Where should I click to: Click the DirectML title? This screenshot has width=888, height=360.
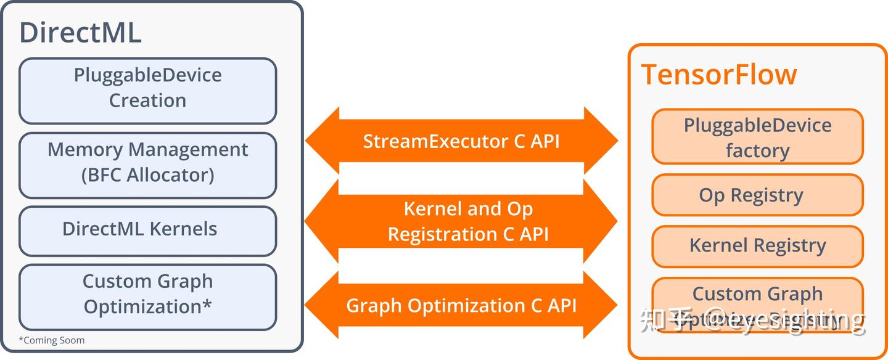(81, 33)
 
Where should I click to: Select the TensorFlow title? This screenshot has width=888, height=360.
(719, 75)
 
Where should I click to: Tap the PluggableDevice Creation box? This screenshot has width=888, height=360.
(147, 91)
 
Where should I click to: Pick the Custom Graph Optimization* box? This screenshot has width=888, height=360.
(147, 297)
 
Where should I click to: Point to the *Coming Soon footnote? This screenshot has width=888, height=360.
(51, 340)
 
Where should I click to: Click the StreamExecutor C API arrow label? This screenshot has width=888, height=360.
(461, 141)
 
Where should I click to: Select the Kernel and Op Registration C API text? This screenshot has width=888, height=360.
(467, 221)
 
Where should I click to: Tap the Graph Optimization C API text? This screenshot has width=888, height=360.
(461, 305)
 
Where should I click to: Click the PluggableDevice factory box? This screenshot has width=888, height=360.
(757, 137)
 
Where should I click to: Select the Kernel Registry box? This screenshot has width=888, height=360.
(757, 246)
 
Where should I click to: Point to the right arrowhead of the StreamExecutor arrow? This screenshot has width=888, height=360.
(601, 141)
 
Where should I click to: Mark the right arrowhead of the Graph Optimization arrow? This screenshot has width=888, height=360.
(601, 305)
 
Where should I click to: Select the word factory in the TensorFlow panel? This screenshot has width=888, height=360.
(757, 150)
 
